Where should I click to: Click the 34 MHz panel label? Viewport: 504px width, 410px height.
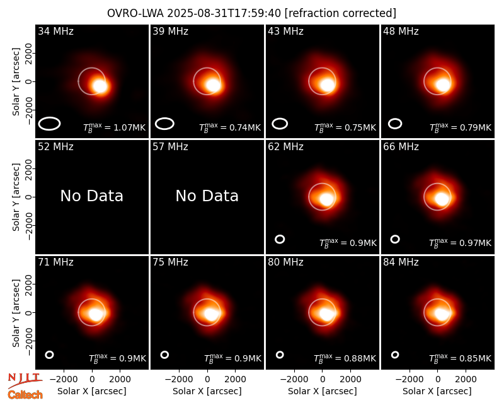(55, 31)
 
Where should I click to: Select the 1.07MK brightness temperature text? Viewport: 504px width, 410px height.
(115, 127)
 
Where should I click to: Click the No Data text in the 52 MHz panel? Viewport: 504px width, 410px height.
(91, 196)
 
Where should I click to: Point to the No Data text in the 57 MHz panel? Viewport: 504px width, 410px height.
(207, 196)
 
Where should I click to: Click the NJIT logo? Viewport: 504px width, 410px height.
(25, 380)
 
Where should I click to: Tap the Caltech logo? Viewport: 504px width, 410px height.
(25, 395)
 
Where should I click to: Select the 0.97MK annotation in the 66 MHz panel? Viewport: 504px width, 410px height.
(461, 243)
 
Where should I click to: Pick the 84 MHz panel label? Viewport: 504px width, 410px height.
(401, 262)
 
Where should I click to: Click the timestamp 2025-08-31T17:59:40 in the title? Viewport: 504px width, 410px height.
(224, 13)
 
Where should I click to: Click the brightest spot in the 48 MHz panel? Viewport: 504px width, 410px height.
(443, 85)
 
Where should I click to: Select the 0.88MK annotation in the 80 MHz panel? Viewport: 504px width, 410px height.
(345, 358)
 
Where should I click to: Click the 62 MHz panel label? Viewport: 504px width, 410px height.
(286, 147)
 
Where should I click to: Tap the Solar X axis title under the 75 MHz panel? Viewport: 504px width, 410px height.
(207, 391)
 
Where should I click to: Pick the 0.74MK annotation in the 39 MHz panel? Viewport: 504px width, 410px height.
(230, 127)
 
